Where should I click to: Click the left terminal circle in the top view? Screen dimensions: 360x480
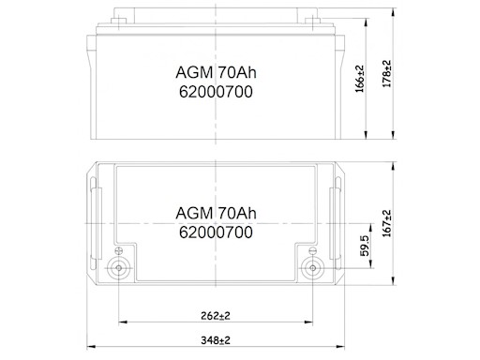(119, 268)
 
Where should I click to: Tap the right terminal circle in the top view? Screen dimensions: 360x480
(312, 268)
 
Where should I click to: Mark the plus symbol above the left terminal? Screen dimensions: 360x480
(119, 250)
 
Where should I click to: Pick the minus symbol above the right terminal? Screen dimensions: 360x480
(312, 250)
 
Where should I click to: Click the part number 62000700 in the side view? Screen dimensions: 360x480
(216, 92)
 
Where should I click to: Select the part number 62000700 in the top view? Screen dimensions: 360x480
(216, 230)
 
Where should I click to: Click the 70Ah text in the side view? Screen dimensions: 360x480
(235, 73)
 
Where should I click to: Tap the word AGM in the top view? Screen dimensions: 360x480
(192, 211)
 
